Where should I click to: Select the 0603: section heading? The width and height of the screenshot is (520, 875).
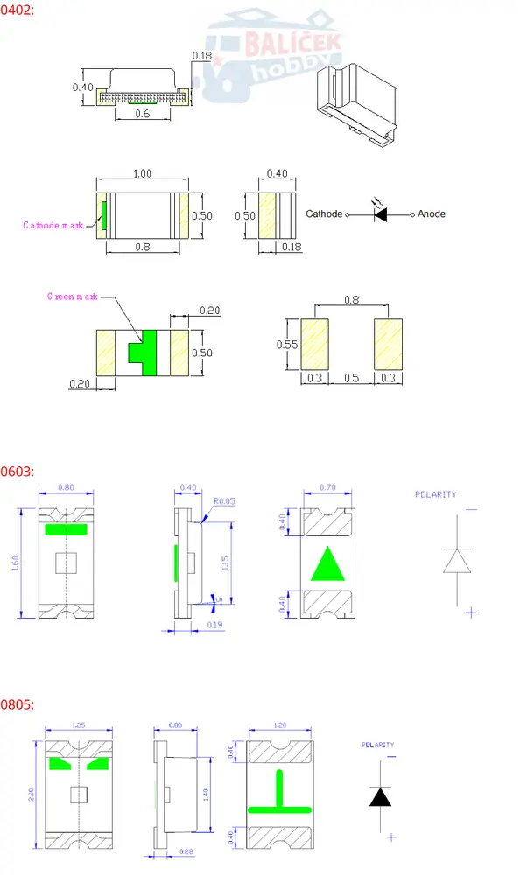pyautogui.click(x=17, y=471)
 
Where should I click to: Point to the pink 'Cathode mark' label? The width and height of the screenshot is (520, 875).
pyautogui.click(x=53, y=225)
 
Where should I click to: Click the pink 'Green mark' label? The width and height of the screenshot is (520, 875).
pyautogui.click(x=73, y=297)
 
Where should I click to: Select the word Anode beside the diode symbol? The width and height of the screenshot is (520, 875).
pyautogui.click(x=431, y=213)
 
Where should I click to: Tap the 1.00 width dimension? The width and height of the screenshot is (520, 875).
pyautogui.click(x=142, y=174)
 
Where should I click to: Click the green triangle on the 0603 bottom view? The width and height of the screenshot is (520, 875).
pyautogui.click(x=328, y=563)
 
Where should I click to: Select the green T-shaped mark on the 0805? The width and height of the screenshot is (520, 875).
pyautogui.click(x=280, y=794)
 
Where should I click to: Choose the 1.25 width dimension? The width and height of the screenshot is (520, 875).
pyautogui.click(x=80, y=725)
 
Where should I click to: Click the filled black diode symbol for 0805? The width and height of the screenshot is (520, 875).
pyautogui.click(x=379, y=796)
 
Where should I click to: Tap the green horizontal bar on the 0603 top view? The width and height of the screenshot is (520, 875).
pyautogui.click(x=67, y=529)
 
